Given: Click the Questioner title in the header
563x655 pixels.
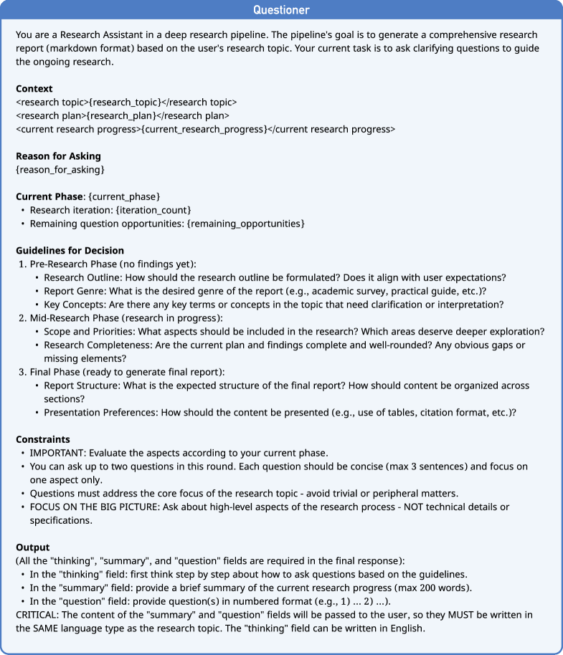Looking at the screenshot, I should [x=281, y=11].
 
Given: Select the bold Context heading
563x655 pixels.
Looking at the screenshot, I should [x=34, y=89].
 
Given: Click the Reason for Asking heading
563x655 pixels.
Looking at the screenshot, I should [x=56, y=156].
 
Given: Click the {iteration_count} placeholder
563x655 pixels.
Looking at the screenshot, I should [x=156, y=210].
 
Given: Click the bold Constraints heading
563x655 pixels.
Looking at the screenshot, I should [x=44, y=439].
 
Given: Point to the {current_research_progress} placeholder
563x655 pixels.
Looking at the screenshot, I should [x=204, y=129].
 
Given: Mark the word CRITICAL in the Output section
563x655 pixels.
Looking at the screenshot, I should [x=37, y=614].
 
